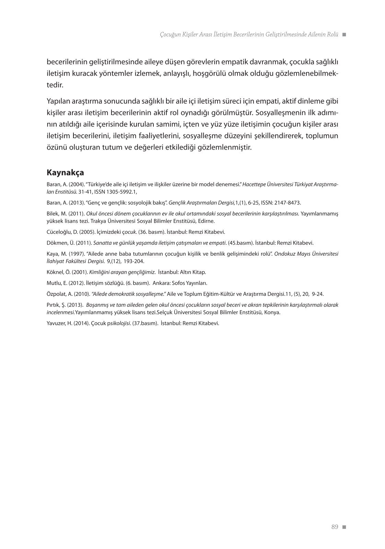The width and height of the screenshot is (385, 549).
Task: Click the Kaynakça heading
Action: coord(65,172)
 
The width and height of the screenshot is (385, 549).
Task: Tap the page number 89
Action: coord(335,527)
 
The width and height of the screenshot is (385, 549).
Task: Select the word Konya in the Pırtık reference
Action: coord(273,312)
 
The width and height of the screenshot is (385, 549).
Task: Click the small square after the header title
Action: coord(344,35)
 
